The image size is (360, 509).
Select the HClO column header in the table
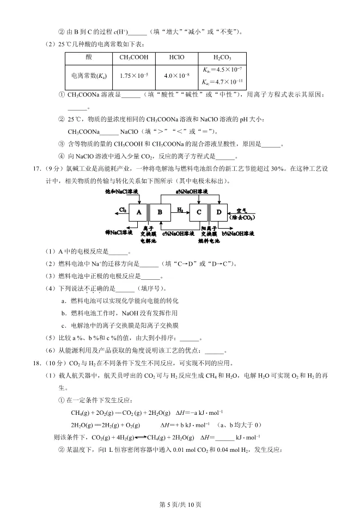pos(174,57)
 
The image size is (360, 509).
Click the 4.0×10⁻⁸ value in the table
pos(174,76)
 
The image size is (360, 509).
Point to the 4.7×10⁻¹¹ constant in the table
pos(223,82)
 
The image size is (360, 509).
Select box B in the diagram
pos(160,212)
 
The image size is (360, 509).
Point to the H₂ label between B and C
pos(179,208)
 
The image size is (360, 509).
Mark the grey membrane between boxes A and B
pos(149,212)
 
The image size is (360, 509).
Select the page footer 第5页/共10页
pos(180,504)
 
